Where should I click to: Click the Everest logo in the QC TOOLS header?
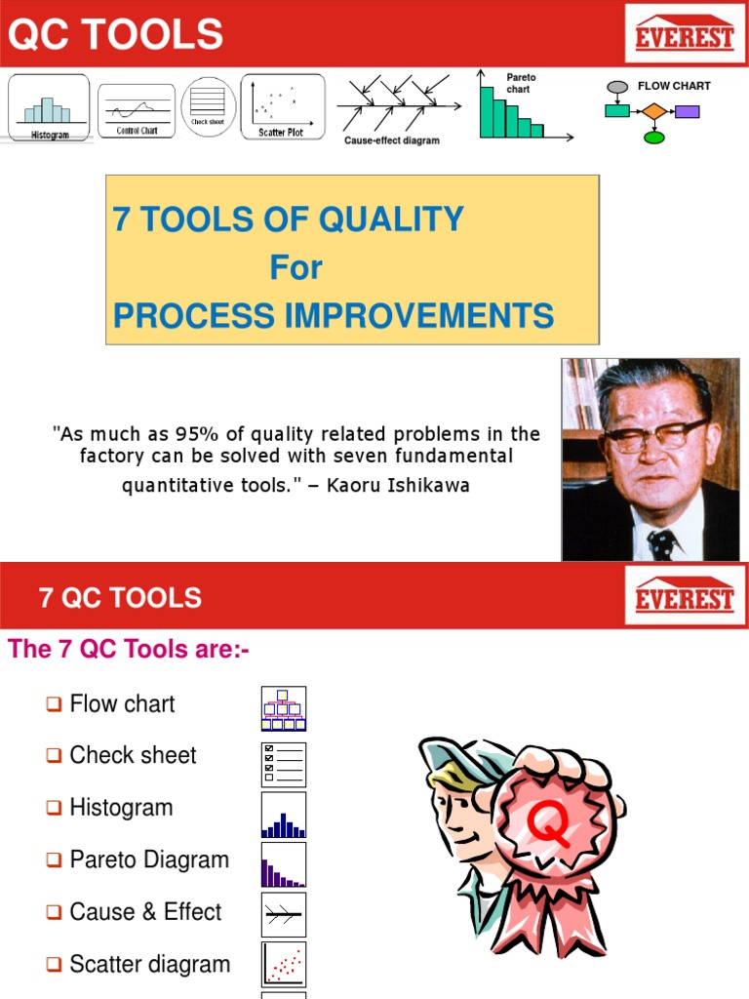point(684,38)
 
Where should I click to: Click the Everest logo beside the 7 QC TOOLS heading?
point(684,596)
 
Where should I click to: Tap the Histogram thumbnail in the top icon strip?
point(49,107)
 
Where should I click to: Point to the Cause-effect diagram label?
point(392,140)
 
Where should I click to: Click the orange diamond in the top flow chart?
point(654,111)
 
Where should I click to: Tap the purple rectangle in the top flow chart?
point(688,111)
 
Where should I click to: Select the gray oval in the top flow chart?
point(616,88)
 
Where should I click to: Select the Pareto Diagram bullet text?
point(149,859)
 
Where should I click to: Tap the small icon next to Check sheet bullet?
point(283,764)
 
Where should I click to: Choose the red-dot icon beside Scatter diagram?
point(283,964)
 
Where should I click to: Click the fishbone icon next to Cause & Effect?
point(283,914)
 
